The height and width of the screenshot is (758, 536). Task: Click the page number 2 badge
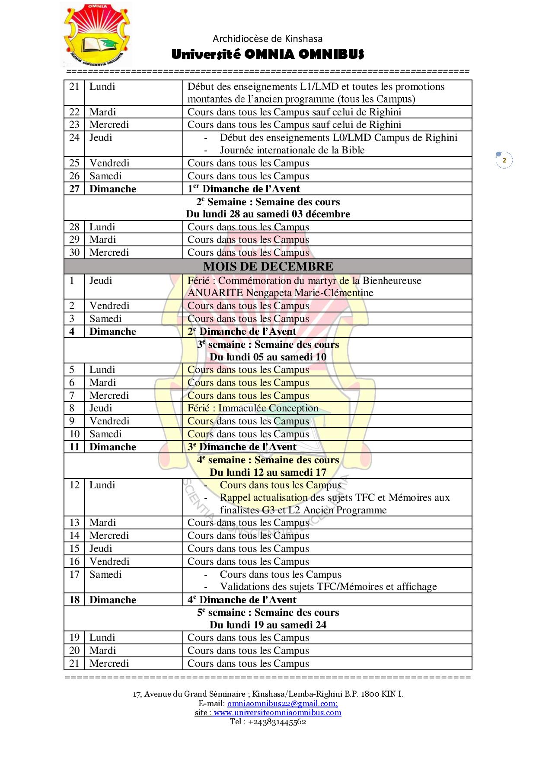coord(504,160)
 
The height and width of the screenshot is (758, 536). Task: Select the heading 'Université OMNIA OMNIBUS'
coord(268,54)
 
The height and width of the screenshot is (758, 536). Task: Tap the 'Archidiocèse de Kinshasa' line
coord(268,38)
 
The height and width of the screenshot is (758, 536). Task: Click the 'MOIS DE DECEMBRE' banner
coord(268,266)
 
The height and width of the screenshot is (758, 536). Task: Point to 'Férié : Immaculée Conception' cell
coord(253,408)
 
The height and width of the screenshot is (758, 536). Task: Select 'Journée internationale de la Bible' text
coord(292,150)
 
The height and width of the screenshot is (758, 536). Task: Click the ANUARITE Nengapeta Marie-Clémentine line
coord(280,293)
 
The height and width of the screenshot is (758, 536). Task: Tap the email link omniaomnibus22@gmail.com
coord(282,703)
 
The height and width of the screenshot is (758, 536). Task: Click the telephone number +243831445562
coord(277,721)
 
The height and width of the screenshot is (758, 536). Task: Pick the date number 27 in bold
coord(74,189)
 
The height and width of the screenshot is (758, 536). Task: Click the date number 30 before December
coord(74,252)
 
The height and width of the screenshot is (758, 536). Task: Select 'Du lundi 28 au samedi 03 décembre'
coord(268,214)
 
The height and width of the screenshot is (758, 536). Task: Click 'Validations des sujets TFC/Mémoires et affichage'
coord(328,586)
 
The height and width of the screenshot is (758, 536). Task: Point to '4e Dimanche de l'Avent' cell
coord(242,599)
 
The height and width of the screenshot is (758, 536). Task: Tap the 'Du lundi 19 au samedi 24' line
coord(268,624)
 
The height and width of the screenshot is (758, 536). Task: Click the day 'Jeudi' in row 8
coord(101,408)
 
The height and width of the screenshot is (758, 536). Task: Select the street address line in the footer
coord(268,694)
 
